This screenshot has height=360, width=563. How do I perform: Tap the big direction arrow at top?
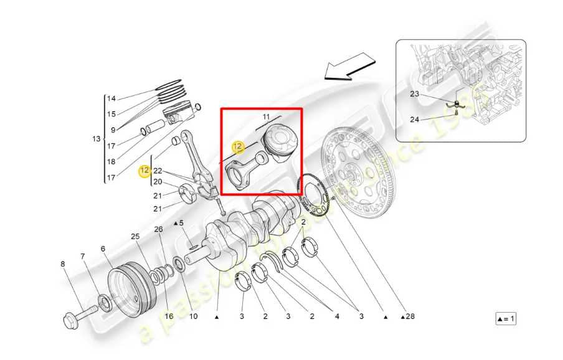350,67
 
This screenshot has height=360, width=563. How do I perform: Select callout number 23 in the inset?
415,95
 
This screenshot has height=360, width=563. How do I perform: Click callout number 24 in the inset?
415,120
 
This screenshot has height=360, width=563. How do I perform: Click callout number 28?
409,316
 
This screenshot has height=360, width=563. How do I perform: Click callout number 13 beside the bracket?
96,139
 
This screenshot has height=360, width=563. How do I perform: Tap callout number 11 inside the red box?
266,117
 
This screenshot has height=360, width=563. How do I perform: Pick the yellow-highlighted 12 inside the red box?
237,147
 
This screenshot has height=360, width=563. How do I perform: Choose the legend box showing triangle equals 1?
506,319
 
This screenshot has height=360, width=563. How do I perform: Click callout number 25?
135,237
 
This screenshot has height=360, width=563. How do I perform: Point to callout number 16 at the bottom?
168,316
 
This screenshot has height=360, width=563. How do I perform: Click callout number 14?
111,98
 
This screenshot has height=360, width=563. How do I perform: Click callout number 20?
158,182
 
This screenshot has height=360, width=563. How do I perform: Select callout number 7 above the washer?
82,257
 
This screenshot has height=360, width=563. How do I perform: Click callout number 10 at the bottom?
193,316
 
